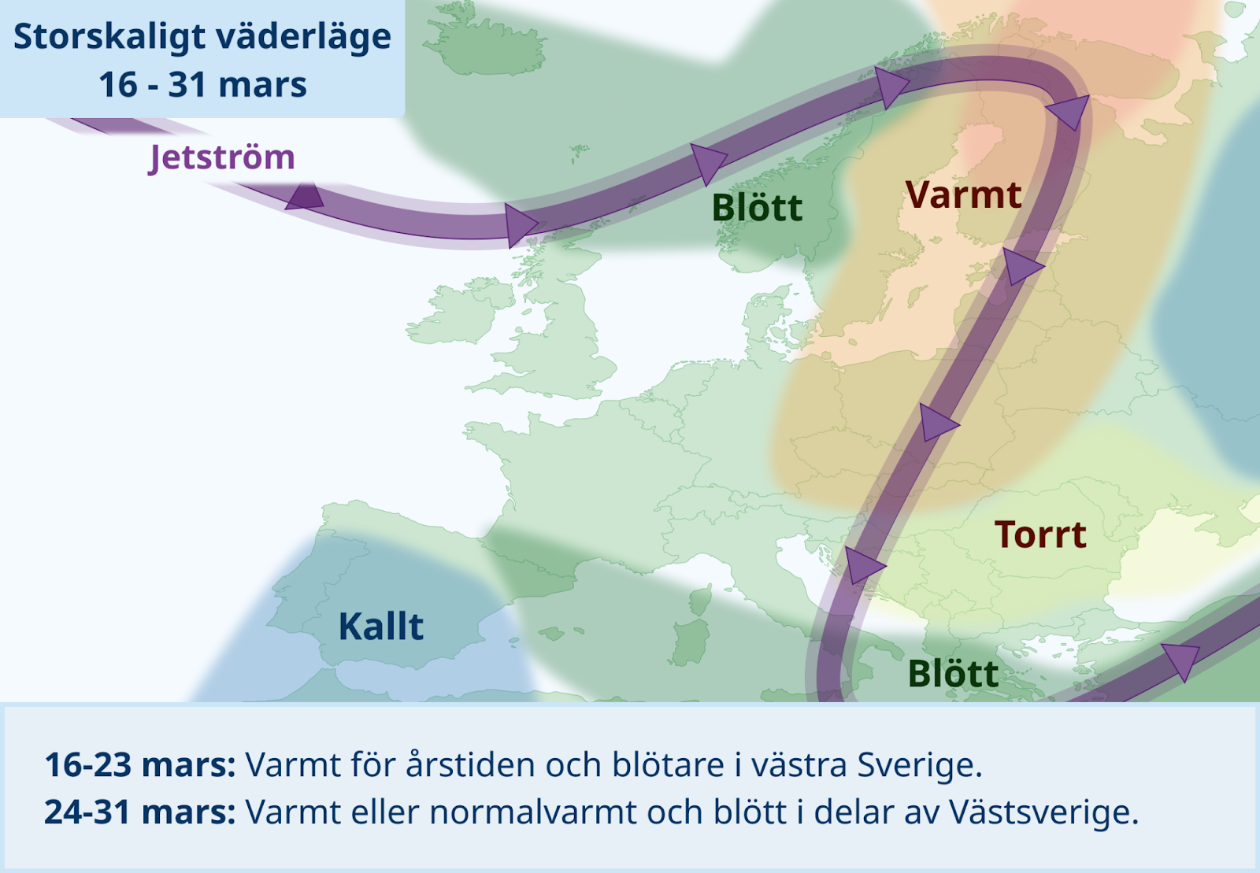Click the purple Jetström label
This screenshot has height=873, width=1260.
(221, 158)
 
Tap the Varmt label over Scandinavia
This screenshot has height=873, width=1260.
(964, 196)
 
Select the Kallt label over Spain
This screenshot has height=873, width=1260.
(381, 627)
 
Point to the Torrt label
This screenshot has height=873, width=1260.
(1040, 534)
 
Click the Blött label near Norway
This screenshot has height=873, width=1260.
(757, 208)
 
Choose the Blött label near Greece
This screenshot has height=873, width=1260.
(953, 673)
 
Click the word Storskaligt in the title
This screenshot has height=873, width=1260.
(110, 37)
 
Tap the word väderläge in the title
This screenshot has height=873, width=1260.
(304, 37)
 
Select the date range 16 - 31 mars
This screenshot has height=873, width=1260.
(202, 85)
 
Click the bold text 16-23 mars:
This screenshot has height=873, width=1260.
(140, 765)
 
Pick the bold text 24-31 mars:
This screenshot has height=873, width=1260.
(140, 812)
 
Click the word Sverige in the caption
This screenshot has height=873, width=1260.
(919, 766)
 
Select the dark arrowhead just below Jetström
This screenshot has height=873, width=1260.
(304, 196)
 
